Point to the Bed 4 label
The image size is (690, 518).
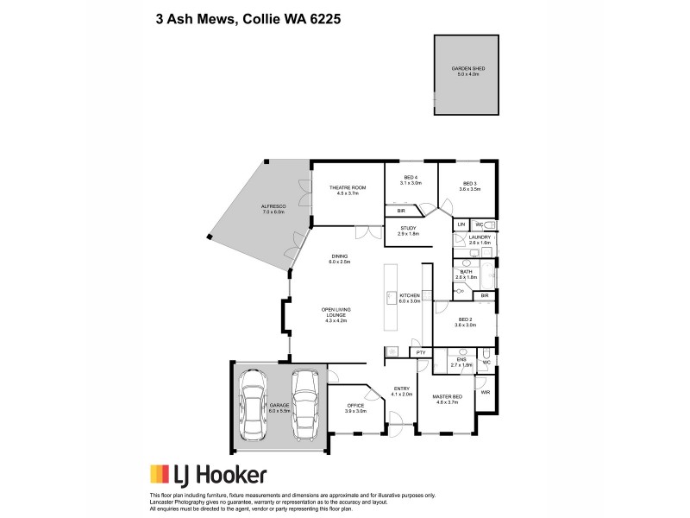tap(410, 180)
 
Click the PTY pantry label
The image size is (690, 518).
tap(421, 353)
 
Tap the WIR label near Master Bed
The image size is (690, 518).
tap(486, 393)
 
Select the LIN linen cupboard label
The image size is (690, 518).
tap(461, 224)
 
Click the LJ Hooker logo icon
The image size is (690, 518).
tap(160, 474)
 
